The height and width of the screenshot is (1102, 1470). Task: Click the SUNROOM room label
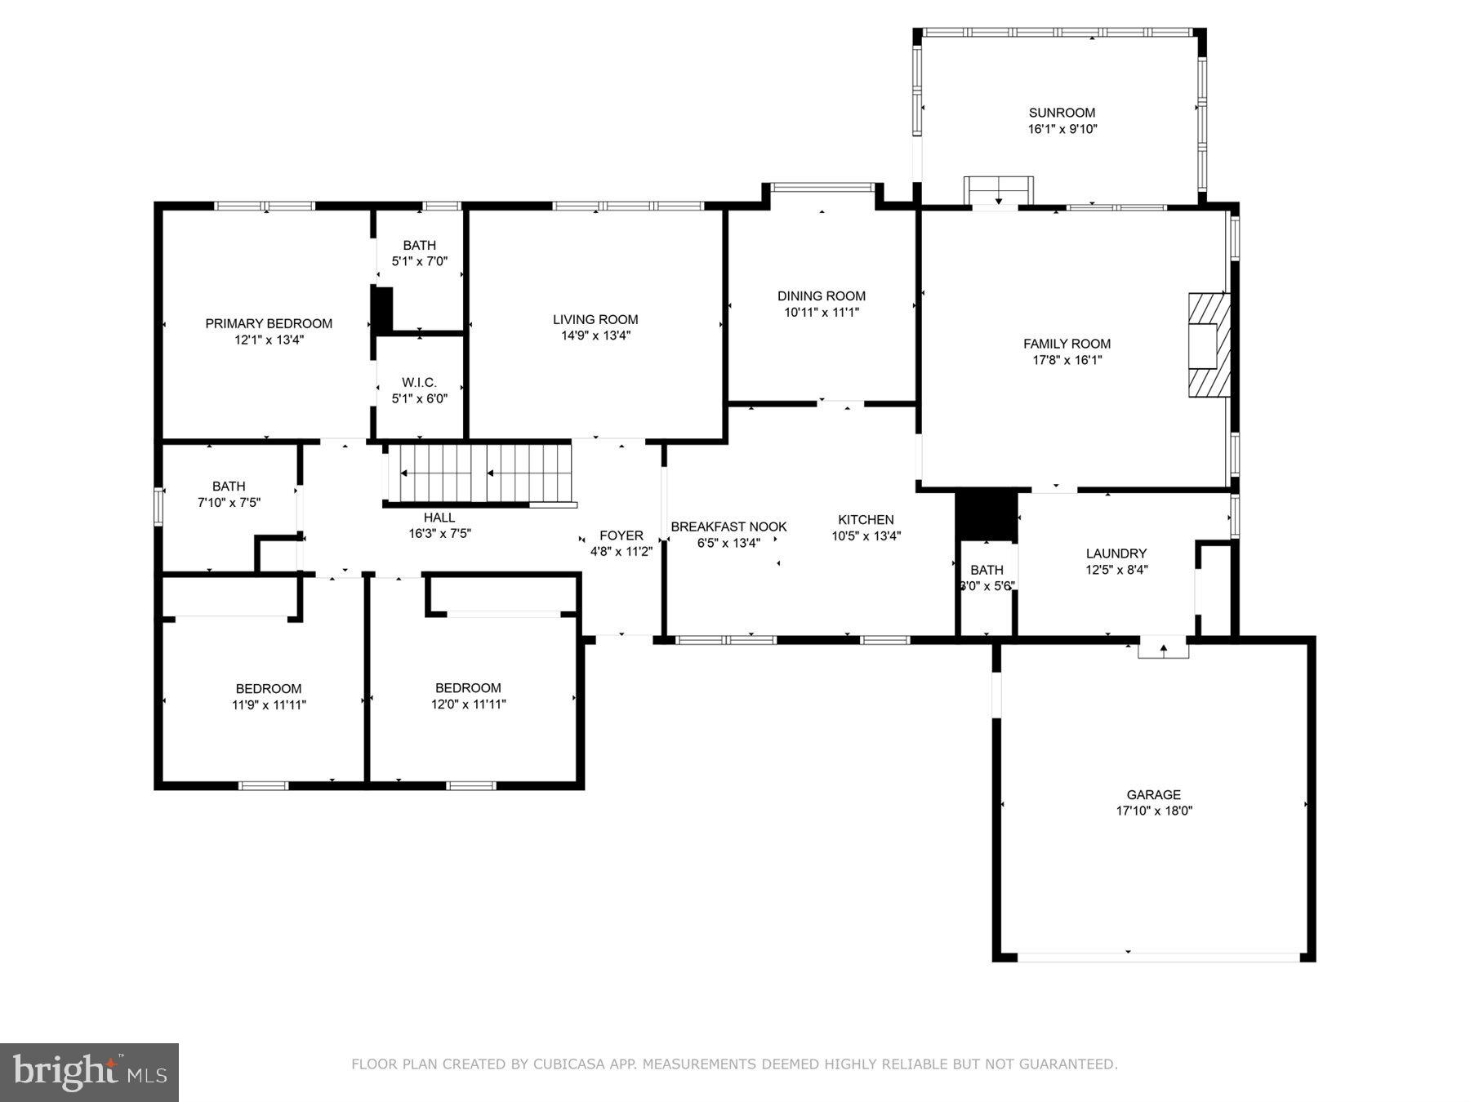coord(1062,113)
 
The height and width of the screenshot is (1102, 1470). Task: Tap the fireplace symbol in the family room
coord(1208,344)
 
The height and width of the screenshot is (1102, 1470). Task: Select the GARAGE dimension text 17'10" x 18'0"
coord(1154,811)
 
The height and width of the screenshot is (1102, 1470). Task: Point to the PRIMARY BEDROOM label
coord(269,323)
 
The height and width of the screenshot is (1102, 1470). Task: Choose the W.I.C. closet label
coord(419,382)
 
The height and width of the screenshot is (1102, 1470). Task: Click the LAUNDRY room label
coord(1116,553)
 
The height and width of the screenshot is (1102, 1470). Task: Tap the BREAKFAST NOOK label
coord(728,527)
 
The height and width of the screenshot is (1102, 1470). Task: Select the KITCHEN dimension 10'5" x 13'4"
coord(866,536)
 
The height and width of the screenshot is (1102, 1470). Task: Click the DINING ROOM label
coord(821,295)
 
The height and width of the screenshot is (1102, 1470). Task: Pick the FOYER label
coord(621,535)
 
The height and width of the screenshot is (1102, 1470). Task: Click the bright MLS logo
coord(89,1072)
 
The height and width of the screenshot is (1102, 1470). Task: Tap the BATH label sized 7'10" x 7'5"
coord(229,487)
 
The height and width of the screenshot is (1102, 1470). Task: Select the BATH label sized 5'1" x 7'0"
coord(419,245)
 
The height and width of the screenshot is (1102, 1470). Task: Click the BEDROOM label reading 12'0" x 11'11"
coord(468,687)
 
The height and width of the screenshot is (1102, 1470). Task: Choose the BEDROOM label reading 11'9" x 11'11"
coord(269,688)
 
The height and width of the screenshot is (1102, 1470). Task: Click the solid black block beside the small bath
coord(986,514)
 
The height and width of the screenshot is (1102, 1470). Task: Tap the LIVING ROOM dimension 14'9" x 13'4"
coord(595,335)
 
